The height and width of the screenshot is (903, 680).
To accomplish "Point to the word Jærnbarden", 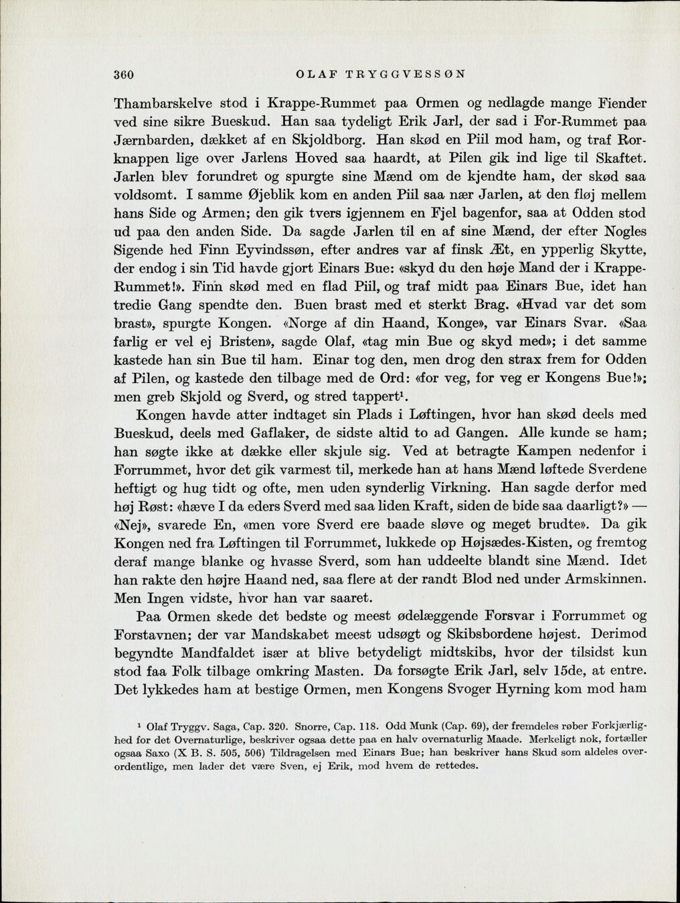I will [x=154, y=141].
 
